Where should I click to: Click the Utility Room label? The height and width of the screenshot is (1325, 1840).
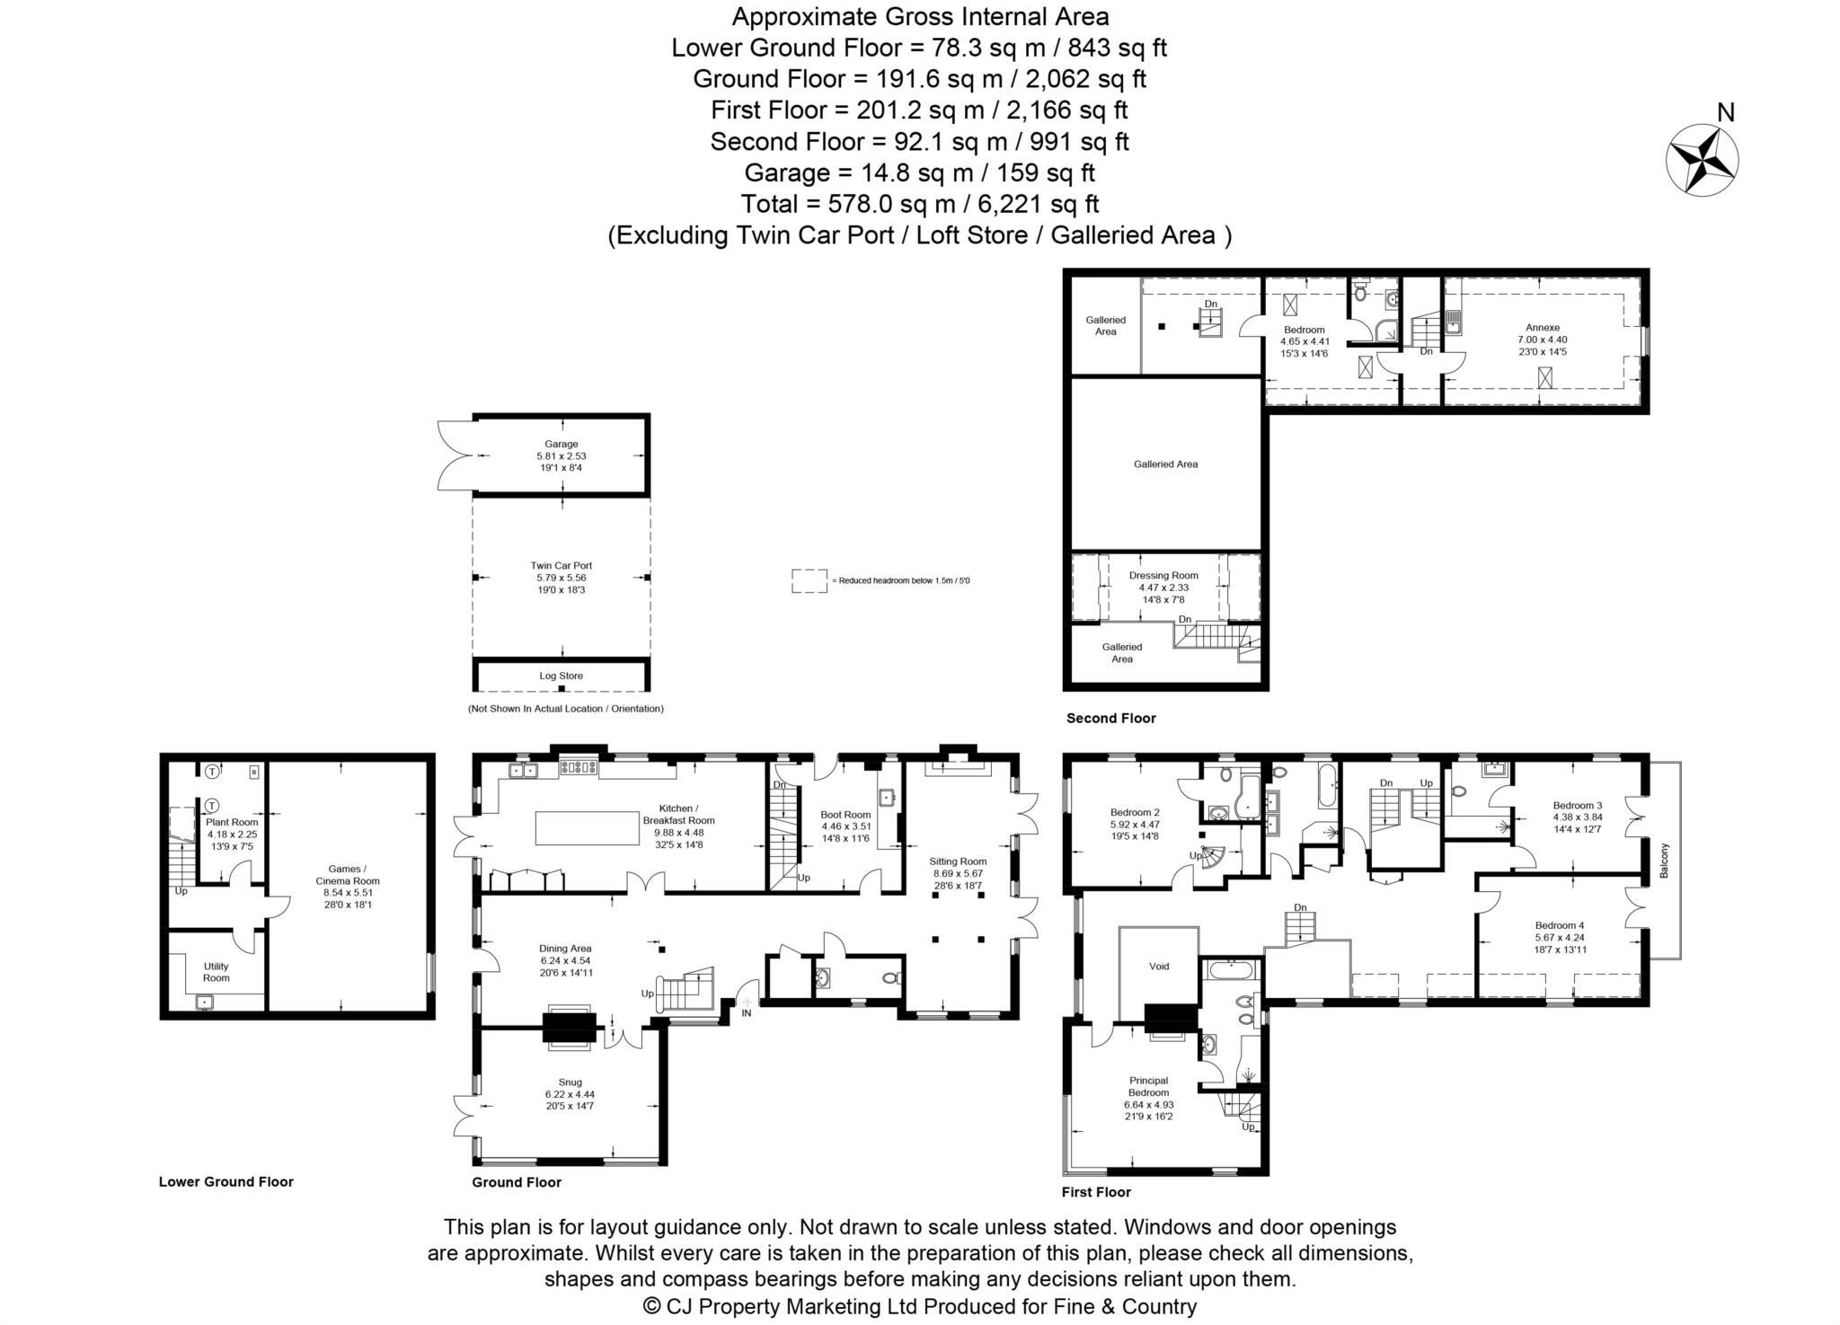click(x=216, y=972)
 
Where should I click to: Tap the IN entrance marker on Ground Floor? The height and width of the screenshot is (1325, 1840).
click(x=746, y=1012)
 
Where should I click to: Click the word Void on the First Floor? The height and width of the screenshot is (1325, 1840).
click(x=1159, y=967)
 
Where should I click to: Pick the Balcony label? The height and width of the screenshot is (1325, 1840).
click(x=1664, y=860)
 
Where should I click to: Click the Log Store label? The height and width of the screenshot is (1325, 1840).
click(x=561, y=676)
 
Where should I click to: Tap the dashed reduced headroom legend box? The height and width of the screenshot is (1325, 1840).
click(x=809, y=580)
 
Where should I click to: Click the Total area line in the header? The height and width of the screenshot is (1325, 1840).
click(x=919, y=204)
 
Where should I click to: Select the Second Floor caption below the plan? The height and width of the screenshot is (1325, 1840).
click(x=1110, y=718)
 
